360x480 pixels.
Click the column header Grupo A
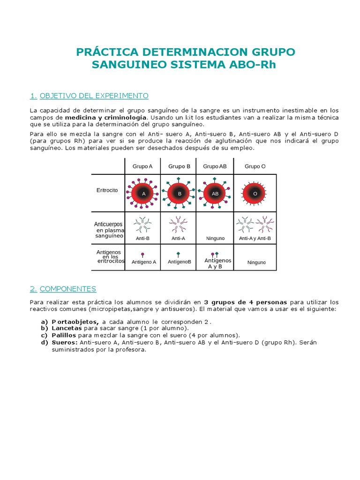tap(142, 166)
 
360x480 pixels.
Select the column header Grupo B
tap(179, 166)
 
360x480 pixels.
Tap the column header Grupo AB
tap(215, 166)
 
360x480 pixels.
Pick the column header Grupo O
tap(255, 166)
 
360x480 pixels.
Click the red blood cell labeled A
tap(143, 193)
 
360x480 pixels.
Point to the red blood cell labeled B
tap(179, 193)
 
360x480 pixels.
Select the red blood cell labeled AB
tap(215, 193)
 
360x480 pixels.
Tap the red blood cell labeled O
tap(255, 193)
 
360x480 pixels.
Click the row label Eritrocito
tap(107, 190)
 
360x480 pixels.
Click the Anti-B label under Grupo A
tap(142, 238)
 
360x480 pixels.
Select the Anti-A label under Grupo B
tap(178, 238)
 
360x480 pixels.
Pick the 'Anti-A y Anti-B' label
tap(255, 238)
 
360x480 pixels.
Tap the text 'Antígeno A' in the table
tap(144, 262)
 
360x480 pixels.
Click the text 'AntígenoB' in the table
tap(180, 262)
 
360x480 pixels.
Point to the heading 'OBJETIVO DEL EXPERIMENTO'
tap(94, 96)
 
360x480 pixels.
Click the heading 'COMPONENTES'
tap(68, 289)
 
